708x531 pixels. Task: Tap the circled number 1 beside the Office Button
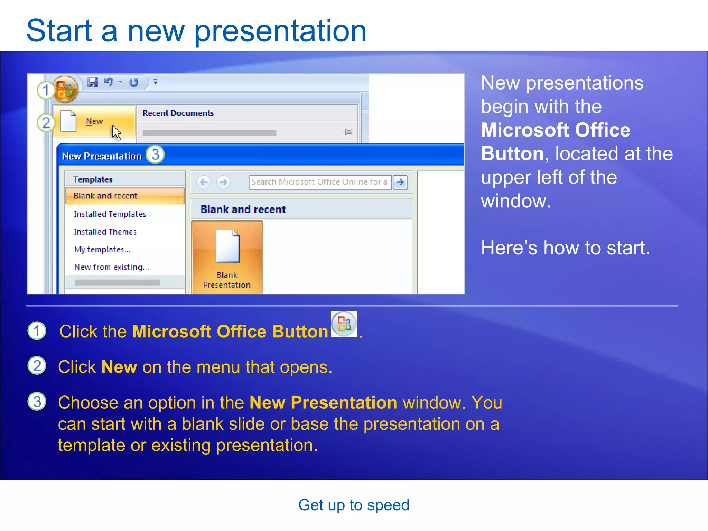point(45,90)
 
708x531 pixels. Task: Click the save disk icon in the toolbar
point(92,82)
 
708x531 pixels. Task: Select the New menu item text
point(94,121)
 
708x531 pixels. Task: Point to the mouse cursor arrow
point(116,132)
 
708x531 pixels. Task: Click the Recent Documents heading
point(178,113)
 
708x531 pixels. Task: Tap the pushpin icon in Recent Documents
point(347,132)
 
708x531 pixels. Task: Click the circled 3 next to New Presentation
point(155,155)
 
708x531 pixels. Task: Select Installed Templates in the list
point(110,214)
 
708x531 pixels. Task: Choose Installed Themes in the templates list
point(105,232)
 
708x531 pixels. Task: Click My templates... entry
point(102,249)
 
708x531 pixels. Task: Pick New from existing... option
point(111,267)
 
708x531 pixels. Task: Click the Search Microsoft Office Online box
point(320,182)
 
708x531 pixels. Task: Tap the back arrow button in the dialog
point(204,182)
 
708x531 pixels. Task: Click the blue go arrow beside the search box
point(400,182)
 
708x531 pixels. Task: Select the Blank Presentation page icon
point(227,246)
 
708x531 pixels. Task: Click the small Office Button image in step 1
point(344,324)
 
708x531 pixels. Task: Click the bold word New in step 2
point(119,367)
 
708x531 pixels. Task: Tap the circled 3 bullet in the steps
point(37,401)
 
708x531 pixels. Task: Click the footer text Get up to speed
point(354,505)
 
